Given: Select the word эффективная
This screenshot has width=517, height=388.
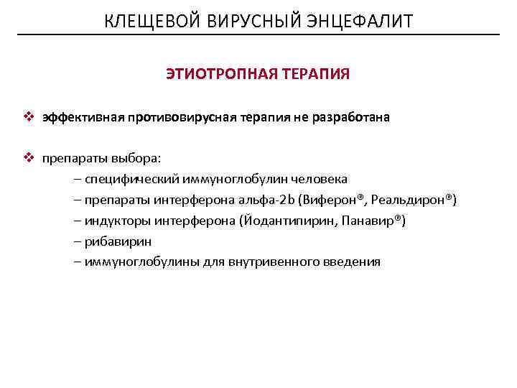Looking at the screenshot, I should (x=83, y=117).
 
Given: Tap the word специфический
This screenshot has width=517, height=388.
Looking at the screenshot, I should (x=132, y=179).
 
